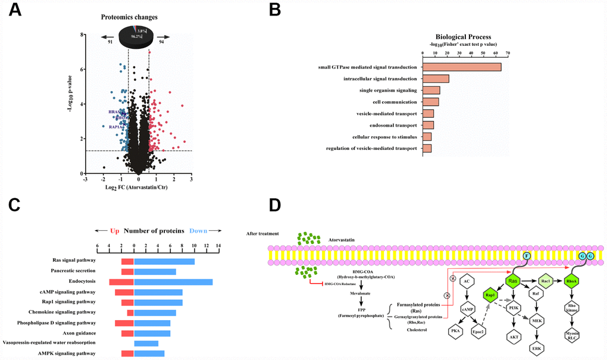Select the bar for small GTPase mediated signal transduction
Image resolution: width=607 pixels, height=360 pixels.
(462, 67)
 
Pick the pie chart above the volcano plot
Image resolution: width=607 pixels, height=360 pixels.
(137, 35)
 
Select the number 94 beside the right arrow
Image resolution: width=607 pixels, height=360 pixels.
(161, 42)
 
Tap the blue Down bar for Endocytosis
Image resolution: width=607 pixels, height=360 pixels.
(173, 281)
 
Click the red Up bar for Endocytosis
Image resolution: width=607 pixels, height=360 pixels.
(121, 281)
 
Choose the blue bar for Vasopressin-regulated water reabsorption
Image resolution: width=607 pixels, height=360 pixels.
(146, 343)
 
